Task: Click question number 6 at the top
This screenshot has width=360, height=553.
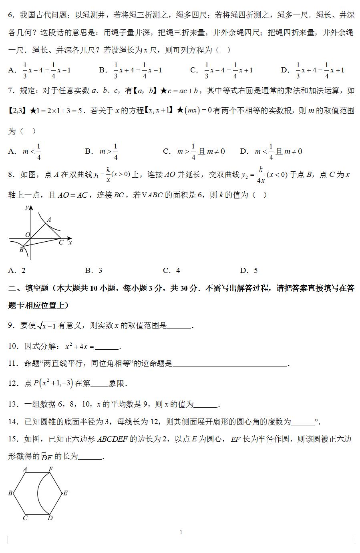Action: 11,15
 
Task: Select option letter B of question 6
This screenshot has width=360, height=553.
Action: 103,70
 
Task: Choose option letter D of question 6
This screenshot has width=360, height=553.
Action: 284,70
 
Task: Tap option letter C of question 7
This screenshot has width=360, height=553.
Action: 167,151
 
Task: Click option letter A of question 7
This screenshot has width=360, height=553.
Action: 12,151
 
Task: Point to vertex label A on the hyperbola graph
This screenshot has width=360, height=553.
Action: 49,220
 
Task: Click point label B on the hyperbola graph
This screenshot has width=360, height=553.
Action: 21,250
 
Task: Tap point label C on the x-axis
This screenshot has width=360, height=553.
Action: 61,242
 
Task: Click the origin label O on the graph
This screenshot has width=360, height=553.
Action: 27,234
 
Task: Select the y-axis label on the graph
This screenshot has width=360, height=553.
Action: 26,207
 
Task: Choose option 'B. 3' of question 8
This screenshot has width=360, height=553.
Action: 94,270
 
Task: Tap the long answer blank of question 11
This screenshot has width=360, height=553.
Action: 230,364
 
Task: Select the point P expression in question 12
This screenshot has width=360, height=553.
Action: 53,383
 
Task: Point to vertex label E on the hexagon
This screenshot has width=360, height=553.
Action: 65,493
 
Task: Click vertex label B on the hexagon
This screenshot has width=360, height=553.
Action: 10,493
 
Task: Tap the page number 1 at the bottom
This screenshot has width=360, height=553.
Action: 181,532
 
